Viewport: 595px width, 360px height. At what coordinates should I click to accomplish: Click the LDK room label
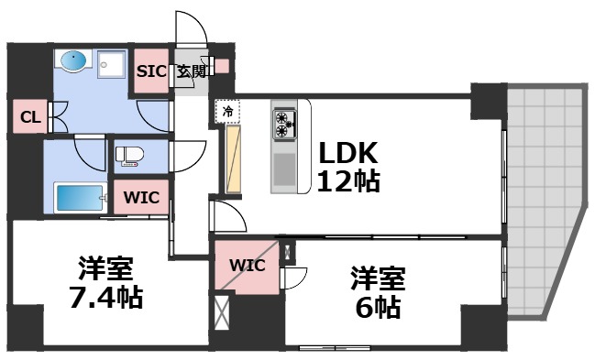348,151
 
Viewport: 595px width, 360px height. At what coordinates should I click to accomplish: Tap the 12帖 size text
348,180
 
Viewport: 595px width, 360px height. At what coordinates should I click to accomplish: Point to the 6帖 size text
376,307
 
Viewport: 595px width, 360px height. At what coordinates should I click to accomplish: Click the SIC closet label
151,71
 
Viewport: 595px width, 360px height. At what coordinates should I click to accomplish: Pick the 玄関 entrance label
192,71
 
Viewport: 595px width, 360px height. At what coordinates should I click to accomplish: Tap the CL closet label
28,117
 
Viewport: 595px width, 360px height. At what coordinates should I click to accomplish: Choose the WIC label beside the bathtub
140,195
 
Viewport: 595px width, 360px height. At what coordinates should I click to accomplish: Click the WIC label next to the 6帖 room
247,266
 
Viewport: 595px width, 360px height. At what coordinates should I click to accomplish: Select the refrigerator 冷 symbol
226,112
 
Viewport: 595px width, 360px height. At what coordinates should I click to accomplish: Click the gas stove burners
285,124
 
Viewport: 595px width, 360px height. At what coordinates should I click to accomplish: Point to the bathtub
80,198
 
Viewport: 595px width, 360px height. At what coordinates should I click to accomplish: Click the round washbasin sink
72,62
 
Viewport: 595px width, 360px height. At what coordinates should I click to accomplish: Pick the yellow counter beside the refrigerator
233,159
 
